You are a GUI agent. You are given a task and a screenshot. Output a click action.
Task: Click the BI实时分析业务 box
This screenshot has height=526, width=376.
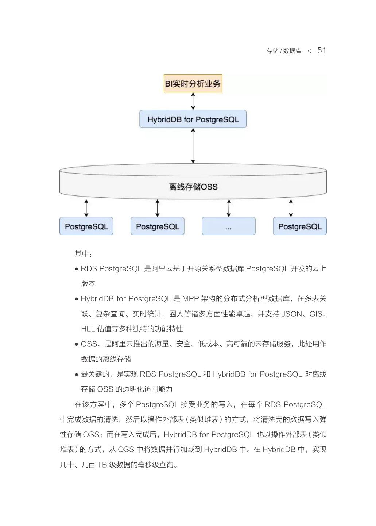193,84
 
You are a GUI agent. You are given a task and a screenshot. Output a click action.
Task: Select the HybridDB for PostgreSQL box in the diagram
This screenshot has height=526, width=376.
193,119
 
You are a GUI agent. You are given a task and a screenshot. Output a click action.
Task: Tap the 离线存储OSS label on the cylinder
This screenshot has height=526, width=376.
193,187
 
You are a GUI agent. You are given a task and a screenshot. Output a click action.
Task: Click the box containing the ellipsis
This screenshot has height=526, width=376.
228,226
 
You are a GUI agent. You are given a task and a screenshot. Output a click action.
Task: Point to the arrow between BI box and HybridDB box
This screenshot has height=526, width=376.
193,101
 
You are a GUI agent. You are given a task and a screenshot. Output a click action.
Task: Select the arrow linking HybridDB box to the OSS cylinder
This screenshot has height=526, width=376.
193,146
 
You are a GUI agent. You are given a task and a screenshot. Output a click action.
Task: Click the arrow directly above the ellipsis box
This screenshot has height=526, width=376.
229,208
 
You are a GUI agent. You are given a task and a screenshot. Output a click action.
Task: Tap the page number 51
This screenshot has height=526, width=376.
321,50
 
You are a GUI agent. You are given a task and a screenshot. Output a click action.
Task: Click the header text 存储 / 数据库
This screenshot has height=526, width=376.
284,51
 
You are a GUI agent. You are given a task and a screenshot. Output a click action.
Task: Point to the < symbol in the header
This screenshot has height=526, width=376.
309,51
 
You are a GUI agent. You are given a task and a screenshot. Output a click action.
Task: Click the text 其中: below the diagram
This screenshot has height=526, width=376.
83,254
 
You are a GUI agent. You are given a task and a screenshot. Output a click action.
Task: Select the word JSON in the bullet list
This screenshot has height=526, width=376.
292,314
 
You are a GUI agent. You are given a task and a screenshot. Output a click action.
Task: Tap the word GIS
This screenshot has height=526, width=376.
316,314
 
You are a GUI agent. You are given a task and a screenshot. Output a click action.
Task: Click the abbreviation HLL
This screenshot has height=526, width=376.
88,329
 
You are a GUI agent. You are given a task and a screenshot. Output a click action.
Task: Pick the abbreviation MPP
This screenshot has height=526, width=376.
190,298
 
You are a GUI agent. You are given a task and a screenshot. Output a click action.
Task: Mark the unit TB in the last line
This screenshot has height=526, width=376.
102,465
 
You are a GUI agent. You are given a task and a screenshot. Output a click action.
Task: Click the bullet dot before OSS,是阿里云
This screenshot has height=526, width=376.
77,344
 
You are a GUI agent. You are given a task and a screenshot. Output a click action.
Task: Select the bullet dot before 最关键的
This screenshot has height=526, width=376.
77,374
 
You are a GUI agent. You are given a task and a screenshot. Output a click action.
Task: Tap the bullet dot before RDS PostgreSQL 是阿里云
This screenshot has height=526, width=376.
77,269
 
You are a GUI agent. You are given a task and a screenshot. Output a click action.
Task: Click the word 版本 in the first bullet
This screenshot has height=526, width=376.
88,283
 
